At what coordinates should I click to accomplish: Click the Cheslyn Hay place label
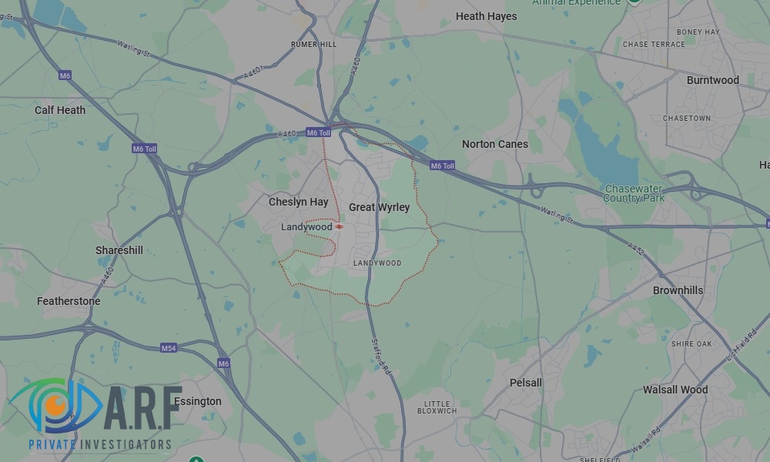coord(298,202)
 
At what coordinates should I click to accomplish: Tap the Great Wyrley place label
coord(379,207)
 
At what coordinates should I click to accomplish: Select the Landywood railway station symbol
coord(340,227)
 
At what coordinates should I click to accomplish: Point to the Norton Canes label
coord(494,144)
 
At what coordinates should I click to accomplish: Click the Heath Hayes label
coord(486,16)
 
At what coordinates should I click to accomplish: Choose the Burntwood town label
coord(712,80)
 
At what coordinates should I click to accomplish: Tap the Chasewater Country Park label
coord(634,193)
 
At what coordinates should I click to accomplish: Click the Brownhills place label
coord(678,290)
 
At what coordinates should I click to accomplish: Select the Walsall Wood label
coord(675,390)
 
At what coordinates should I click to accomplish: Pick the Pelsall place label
coord(526,383)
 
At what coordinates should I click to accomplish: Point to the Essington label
coord(197,401)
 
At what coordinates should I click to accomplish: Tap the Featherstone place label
coord(69,301)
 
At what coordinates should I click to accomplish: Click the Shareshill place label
coord(119,250)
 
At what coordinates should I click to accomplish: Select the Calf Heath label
coord(60,110)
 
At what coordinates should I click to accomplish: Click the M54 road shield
coord(169,349)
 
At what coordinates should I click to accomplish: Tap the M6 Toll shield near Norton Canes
coord(442,166)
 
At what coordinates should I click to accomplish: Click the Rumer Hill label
coord(313,45)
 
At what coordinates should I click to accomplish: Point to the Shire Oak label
coord(691,343)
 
